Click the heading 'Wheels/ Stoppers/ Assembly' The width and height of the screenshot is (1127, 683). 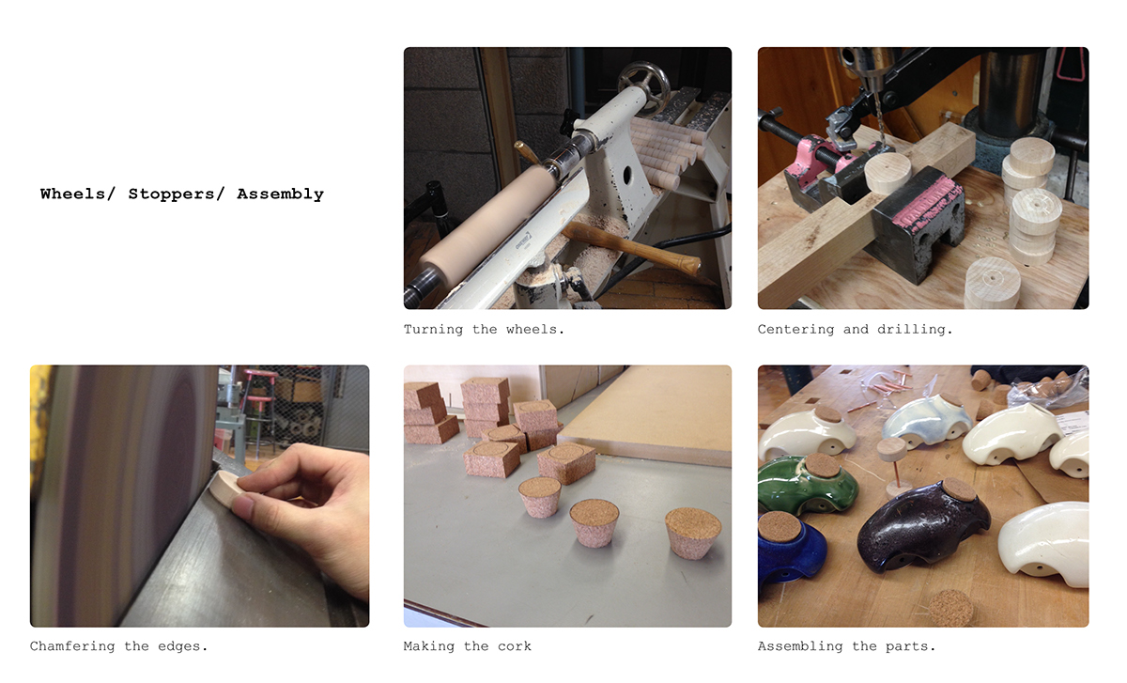[x=181, y=194]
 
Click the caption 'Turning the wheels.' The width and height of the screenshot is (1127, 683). [x=484, y=330]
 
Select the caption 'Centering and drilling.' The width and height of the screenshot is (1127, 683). [x=855, y=330]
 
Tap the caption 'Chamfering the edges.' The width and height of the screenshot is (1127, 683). [x=118, y=646]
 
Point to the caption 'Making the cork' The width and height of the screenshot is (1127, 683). [x=467, y=646]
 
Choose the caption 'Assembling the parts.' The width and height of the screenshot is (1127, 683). [x=846, y=646]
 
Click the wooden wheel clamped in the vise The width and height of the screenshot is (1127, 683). [x=888, y=173]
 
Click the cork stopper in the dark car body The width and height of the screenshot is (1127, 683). [x=959, y=489]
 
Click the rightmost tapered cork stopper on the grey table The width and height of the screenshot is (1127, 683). [x=693, y=531]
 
